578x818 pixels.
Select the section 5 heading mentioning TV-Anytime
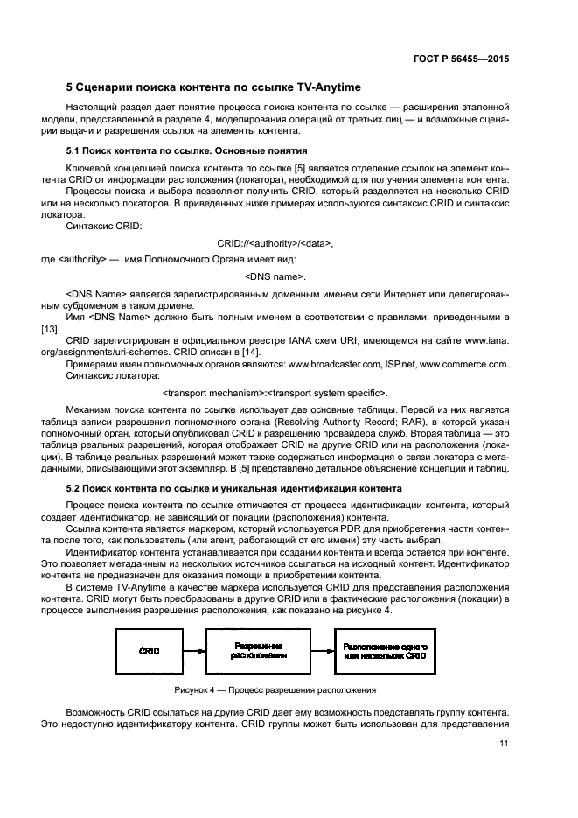tap(213, 87)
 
